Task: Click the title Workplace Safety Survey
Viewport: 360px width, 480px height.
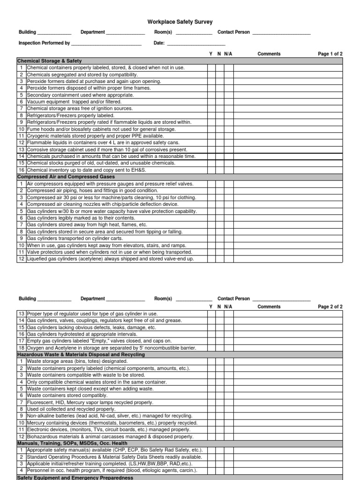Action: click(180, 22)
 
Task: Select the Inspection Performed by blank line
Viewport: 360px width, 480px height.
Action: click(106, 44)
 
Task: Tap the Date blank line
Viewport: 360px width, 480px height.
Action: click(196, 44)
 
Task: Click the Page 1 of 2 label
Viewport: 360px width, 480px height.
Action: click(330, 54)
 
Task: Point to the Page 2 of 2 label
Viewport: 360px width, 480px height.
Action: click(330, 307)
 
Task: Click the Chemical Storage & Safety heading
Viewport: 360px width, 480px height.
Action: click(49, 61)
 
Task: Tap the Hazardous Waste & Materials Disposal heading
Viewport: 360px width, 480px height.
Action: click(81, 355)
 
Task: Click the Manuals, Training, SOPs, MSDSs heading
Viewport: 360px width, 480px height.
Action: click(74, 443)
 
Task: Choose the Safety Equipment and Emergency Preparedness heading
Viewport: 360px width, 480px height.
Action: click(75, 477)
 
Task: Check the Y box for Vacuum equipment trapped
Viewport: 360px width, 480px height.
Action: click(211, 102)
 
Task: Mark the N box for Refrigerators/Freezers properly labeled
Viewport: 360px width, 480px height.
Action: click(220, 115)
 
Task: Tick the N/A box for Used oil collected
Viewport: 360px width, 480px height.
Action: click(228, 409)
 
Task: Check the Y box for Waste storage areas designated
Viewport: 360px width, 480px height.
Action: click(211, 361)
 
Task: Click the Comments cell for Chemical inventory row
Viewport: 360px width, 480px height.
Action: click(288, 170)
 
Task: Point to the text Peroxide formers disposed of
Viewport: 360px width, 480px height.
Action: click(89, 88)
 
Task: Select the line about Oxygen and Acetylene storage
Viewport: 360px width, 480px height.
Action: click(105, 348)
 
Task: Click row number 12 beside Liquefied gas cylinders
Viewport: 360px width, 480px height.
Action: click(21, 259)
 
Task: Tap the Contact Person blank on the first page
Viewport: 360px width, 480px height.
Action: click(281, 33)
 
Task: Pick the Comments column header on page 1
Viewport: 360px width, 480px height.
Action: click(269, 54)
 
